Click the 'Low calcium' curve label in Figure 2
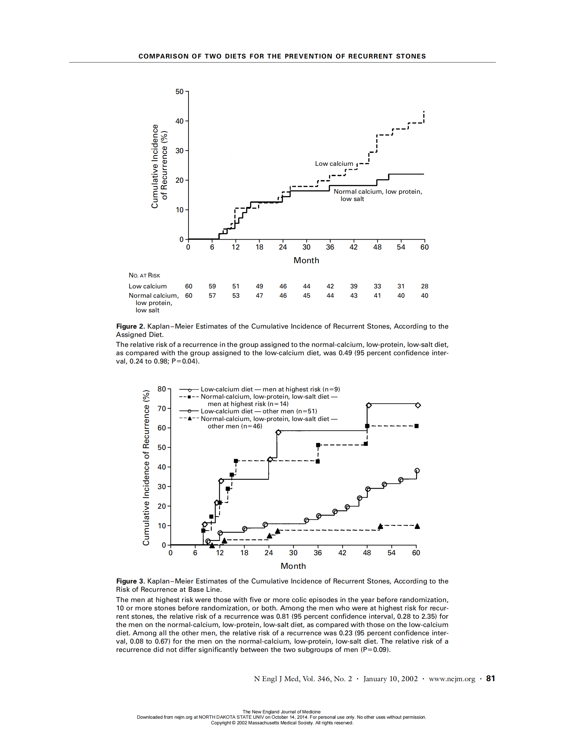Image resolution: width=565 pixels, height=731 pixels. pyautogui.click(x=334, y=164)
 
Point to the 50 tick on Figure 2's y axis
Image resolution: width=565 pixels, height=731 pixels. pyautogui.click(x=179, y=92)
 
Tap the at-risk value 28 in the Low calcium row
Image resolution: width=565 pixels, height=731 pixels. pyautogui.click(x=424, y=286)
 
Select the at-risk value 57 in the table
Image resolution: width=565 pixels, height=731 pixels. pyautogui.click(x=212, y=295)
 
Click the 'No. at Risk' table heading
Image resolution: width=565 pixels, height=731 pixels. pyautogui.click(x=144, y=275)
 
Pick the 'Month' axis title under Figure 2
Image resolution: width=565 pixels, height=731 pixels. pyautogui.click(x=306, y=261)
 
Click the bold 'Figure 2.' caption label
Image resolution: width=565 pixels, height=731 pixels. pyautogui.click(x=131, y=326)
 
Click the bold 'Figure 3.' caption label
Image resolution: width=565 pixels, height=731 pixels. pyautogui.click(x=131, y=581)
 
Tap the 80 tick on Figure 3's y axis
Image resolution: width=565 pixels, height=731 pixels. pyautogui.click(x=162, y=389)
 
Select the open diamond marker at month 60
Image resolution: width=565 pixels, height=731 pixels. pyautogui.click(x=418, y=405)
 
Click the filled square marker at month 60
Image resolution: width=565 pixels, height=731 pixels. pyautogui.click(x=416, y=426)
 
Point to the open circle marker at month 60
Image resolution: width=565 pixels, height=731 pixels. pyautogui.click(x=417, y=470)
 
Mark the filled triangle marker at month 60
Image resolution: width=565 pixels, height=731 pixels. pyautogui.click(x=417, y=526)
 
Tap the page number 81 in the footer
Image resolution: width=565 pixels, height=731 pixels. pyautogui.click(x=490, y=679)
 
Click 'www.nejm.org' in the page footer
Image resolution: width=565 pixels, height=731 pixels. pyautogui.click(x=452, y=679)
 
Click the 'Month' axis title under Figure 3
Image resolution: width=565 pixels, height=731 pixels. pyautogui.click(x=293, y=566)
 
